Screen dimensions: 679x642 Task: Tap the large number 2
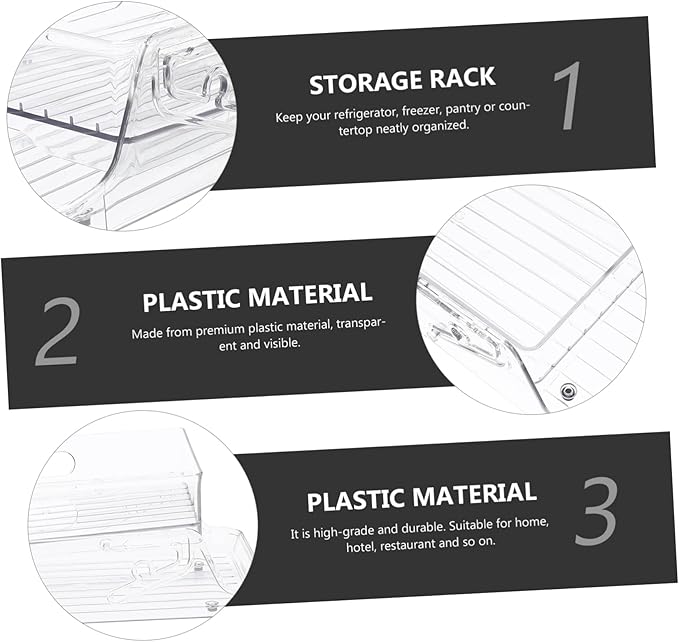57,332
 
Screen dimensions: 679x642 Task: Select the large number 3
595,511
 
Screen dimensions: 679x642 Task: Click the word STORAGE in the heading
366,82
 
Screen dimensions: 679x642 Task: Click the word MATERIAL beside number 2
310,294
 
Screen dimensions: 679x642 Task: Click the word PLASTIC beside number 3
356,500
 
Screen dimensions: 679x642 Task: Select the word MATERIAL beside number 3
474,494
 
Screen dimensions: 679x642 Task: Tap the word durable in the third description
421,528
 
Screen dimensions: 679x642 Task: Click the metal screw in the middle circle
568,391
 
